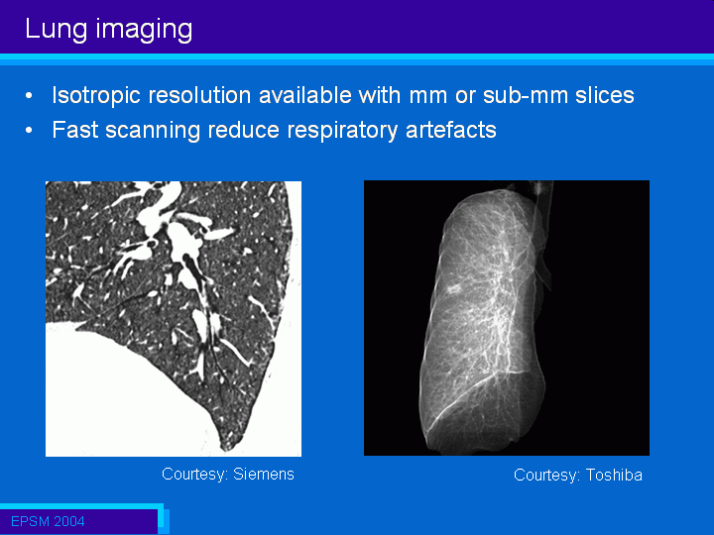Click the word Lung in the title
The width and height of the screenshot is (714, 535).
[56, 30]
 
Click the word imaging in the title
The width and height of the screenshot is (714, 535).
[145, 30]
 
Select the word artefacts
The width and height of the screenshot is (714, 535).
[451, 130]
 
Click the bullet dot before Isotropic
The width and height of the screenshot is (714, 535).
[29, 96]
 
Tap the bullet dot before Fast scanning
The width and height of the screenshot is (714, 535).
[29, 131]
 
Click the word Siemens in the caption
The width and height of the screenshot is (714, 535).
[264, 474]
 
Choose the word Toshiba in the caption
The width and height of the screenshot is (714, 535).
[614, 475]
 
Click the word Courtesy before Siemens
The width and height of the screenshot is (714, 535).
[194, 475]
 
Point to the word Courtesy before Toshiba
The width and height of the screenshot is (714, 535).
[546, 476]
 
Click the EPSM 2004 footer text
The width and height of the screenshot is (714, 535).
[48, 521]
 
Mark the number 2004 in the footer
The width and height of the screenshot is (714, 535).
[66, 521]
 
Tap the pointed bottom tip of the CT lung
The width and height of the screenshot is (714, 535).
[225, 449]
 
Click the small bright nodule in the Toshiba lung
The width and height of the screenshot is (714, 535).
[454, 288]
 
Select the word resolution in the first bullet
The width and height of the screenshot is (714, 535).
[200, 95]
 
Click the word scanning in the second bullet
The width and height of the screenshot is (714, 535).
[153, 131]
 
